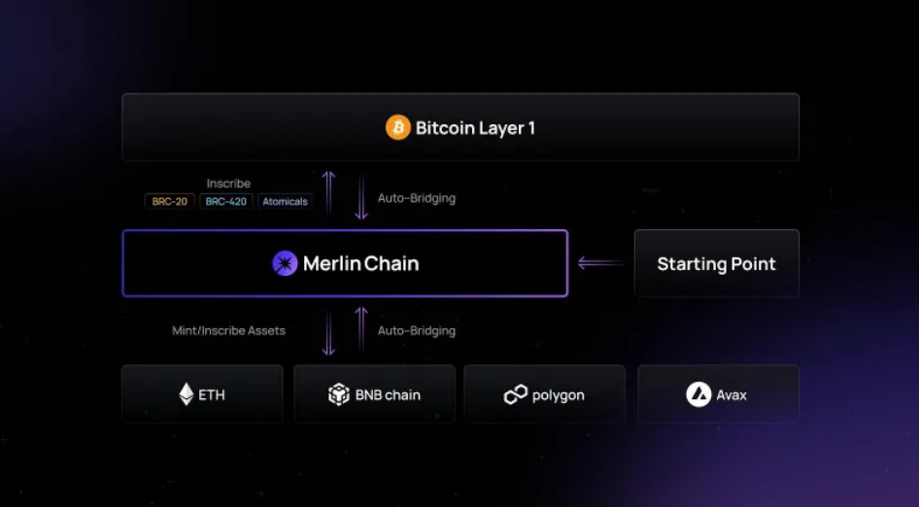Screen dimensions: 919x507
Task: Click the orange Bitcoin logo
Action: [x=398, y=127]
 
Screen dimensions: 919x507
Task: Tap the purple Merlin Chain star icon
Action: [x=285, y=263]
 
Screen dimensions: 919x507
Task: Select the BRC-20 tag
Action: [x=169, y=202]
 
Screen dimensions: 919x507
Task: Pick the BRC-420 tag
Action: [x=226, y=202]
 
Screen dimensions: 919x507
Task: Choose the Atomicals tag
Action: [x=285, y=202]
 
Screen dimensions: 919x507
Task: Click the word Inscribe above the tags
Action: [x=228, y=184]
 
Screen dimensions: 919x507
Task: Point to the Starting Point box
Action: [x=717, y=263]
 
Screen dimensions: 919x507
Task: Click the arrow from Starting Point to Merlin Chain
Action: [x=600, y=263]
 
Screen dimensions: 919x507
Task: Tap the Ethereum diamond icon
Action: [x=187, y=394]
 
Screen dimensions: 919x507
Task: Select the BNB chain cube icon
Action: [x=339, y=394]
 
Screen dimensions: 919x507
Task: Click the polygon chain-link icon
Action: [x=516, y=394]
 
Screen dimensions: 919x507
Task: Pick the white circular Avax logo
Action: [x=698, y=394]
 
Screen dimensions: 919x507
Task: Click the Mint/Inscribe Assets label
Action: [x=228, y=330]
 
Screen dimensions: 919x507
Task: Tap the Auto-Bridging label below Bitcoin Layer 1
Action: [x=417, y=198]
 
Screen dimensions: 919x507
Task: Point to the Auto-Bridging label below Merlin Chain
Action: [x=417, y=330]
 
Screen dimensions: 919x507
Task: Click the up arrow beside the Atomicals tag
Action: [x=328, y=194]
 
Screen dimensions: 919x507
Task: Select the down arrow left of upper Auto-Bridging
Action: [x=361, y=197]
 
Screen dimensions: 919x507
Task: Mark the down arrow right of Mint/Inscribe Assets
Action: [x=328, y=332]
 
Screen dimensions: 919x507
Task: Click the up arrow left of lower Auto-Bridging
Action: [x=361, y=330]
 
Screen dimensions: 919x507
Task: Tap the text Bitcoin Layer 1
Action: [x=475, y=128]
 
